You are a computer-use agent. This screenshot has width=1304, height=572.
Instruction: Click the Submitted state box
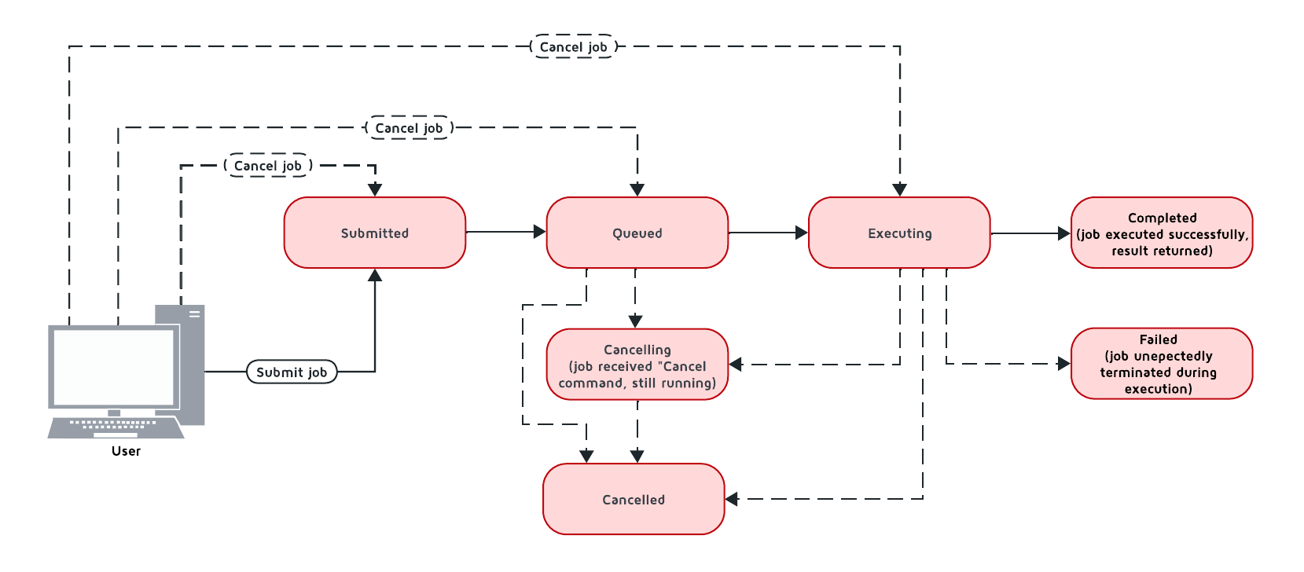(374, 233)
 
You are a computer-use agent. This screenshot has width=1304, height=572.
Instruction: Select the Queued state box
(637, 233)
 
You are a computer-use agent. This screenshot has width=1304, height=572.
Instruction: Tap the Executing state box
(899, 233)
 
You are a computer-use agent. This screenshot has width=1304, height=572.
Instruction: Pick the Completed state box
(1162, 233)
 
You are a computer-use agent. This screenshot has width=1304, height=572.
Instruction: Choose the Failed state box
(1162, 364)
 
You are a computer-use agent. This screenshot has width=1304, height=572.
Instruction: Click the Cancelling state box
(637, 365)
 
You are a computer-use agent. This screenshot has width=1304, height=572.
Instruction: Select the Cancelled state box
(634, 499)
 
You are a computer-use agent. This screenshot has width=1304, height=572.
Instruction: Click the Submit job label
(292, 372)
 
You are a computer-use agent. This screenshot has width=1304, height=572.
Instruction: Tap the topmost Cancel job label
(573, 46)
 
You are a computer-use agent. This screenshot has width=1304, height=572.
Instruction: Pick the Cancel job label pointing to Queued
(409, 127)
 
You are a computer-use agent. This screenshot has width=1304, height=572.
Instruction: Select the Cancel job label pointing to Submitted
(267, 166)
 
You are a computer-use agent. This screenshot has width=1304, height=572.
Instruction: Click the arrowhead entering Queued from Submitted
(539, 232)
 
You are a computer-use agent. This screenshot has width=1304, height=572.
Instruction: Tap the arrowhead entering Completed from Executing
(1064, 233)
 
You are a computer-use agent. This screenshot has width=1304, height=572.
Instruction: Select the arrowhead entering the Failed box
(1064, 364)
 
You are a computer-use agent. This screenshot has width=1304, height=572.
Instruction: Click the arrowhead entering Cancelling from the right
(736, 364)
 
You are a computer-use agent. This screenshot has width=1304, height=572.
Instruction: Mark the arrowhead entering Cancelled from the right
(732, 499)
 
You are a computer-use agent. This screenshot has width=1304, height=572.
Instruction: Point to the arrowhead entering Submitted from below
(375, 275)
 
